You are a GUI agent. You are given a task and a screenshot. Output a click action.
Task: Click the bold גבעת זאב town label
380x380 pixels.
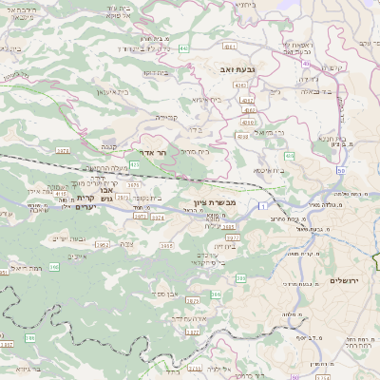[231, 68]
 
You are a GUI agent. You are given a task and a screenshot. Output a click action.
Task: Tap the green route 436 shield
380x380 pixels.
[289, 155]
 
